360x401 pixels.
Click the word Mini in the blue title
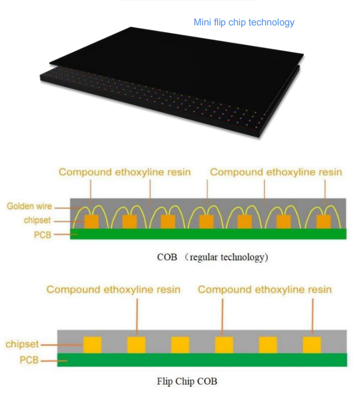tap(202, 22)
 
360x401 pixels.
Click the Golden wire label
tap(29, 206)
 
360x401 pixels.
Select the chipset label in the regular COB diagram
tap(37, 220)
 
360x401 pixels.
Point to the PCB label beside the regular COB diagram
tap(43, 235)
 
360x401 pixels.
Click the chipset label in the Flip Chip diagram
tap(22, 344)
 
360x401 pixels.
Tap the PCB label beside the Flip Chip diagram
tap(29, 361)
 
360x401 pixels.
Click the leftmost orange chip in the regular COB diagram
tap(91, 222)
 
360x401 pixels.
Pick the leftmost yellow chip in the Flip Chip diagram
tap(92, 345)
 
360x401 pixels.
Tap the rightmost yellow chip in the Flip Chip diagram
tap(312, 345)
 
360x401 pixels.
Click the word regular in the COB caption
tap(204, 257)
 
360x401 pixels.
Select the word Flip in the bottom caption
tap(165, 381)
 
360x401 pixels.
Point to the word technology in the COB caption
tap(244, 257)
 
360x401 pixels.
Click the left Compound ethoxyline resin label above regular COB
tap(125, 172)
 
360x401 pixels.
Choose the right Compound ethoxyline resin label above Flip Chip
tap(265, 290)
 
